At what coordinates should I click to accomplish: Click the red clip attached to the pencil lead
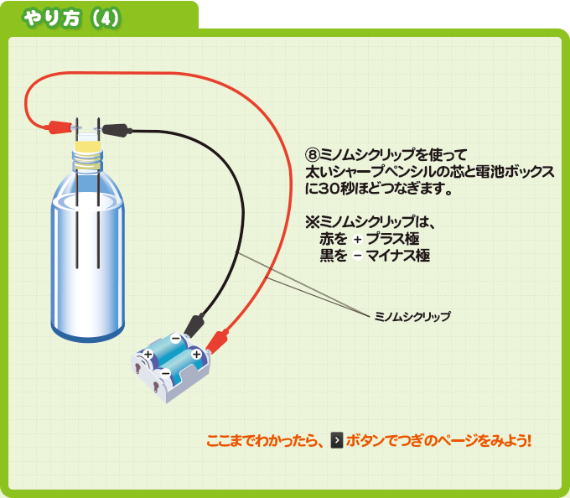click(59, 127)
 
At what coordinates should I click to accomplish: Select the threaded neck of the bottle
click(88, 160)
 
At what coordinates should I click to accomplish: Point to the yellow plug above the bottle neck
click(88, 147)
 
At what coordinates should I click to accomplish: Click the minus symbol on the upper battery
click(174, 339)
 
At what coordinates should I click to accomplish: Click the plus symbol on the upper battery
click(196, 355)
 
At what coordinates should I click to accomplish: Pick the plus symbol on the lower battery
click(148, 356)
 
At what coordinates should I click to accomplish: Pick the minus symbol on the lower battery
click(165, 371)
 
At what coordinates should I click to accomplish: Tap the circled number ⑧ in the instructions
click(312, 154)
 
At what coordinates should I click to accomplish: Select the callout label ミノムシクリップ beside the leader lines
click(412, 316)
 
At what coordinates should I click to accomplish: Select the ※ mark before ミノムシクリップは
click(313, 222)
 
